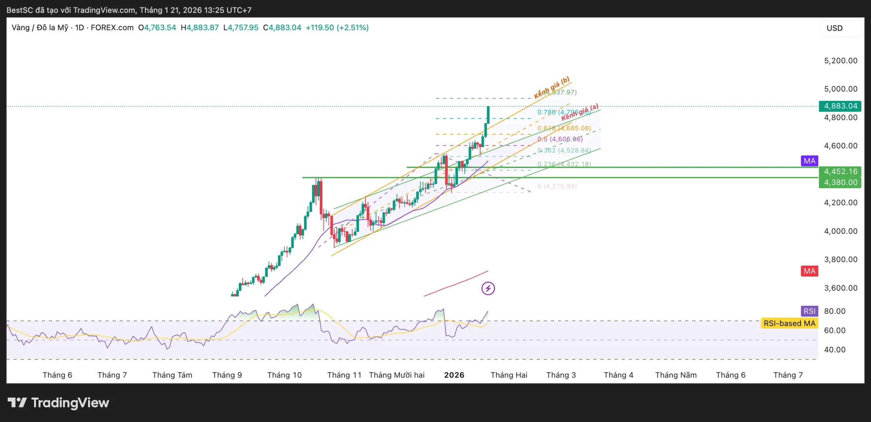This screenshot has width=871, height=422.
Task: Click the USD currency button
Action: pos(835,28)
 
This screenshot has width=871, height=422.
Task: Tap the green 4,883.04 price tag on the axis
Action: pos(840,106)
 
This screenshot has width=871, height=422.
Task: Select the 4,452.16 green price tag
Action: pos(840,171)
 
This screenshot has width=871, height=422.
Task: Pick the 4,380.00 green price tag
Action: pos(840,182)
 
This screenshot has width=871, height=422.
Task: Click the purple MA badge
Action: pos(809,161)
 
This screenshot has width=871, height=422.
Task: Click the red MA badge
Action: pos(809,271)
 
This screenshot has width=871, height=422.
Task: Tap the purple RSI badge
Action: pos(809,311)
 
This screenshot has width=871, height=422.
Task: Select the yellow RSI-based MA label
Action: pos(789,323)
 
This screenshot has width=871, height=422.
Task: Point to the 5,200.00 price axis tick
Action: pos(840,61)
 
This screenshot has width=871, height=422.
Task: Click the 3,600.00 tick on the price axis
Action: pos(840,288)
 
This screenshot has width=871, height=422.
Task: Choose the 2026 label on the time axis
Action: pos(454,375)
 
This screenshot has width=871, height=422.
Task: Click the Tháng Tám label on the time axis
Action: pos(172,375)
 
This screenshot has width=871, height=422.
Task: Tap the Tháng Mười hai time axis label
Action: pos(397,375)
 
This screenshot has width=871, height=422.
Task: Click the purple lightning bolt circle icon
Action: pos(488,288)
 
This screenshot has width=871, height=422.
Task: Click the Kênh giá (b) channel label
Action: pos(552,87)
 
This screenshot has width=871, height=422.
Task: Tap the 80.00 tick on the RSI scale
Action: pos(835,311)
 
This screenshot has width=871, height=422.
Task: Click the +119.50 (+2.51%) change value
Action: pos(337,28)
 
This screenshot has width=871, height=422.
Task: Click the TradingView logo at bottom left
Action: pos(58,403)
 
